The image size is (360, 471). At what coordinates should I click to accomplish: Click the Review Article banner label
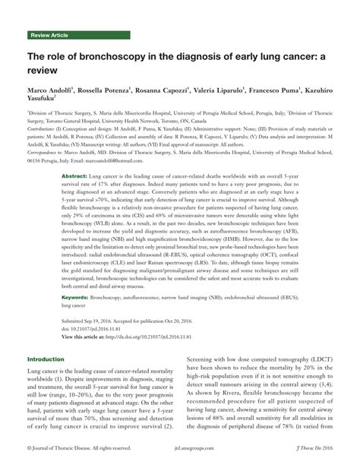tap(52, 36)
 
